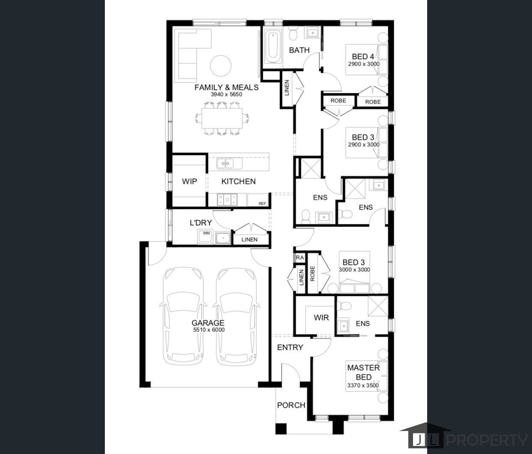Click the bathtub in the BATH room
click(272, 47)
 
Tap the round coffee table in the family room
click(220, 66)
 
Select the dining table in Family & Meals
click(222, 118)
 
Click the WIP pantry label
click(190, 181)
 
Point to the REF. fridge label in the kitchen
click(262, 203)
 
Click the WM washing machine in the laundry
click(205, 236)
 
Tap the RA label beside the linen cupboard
click(300, 257)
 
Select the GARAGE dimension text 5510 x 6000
click(209, 330)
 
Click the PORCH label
click(291, 405)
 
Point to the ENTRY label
click(290, 347)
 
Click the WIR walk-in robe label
click(321, 317)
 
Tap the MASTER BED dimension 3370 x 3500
click(363, 385)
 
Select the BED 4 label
click(363, 57)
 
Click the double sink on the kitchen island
click(225, 164)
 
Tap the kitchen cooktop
click(227, 200)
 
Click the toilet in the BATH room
click(293, 34)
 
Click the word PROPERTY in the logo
click(487, 440)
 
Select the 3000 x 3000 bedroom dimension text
click(354, 270)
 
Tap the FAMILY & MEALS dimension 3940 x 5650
click(226, 94)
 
